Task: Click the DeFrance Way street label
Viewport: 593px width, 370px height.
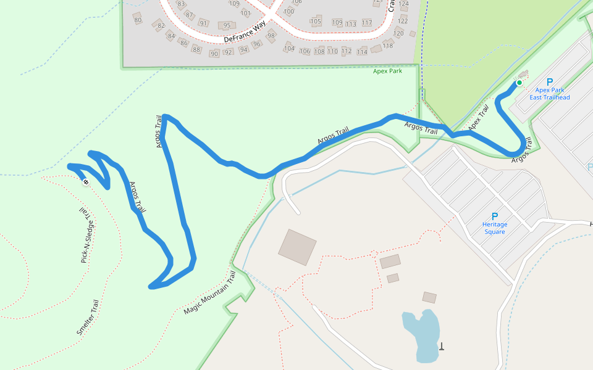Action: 245,31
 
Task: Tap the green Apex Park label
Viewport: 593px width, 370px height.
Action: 387,71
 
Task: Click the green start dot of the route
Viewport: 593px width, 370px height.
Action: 519,83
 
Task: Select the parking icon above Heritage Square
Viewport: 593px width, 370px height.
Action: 494,216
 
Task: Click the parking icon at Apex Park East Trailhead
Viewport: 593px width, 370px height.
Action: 550,81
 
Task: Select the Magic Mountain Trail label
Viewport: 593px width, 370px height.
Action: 210,293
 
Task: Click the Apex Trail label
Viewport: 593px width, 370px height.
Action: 479,118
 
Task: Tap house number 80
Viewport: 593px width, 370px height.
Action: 138,20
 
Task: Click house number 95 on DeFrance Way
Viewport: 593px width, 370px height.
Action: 227,25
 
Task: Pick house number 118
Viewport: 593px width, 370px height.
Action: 388,46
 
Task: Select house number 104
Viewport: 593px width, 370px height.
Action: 289,48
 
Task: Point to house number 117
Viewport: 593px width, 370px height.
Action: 367,23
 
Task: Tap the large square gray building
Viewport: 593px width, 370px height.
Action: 297,247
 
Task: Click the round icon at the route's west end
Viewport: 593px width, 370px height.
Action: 85,182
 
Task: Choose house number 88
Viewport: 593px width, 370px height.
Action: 196,49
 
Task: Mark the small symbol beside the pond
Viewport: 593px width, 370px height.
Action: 442,346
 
